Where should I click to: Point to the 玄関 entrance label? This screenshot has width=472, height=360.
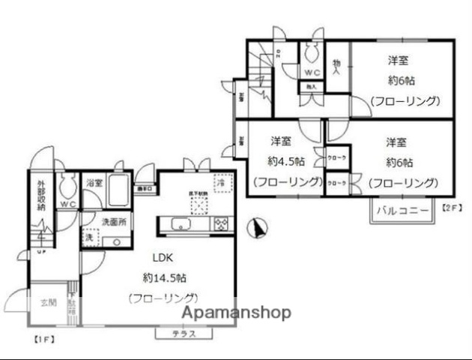click(47, 304)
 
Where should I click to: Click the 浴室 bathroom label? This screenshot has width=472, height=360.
click(94, 183)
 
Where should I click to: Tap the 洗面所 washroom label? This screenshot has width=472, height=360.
click(115, 223)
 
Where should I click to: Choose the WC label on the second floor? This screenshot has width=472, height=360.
click(312, 73)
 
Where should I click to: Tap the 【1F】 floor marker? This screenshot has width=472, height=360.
click(44, 338)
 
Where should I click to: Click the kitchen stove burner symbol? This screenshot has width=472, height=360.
click(221, 223)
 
